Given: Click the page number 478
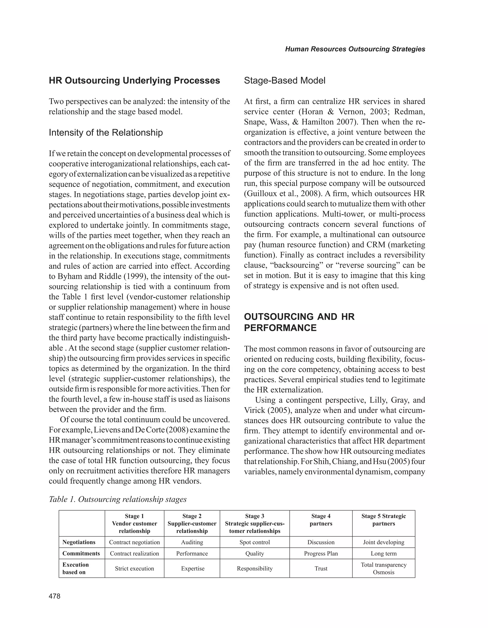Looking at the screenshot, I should (55, 596).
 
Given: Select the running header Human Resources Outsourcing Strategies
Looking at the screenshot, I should (355, 49).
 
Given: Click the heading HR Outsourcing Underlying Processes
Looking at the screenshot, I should (134, 81).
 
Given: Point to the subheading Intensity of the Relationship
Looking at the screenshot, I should (106, 133).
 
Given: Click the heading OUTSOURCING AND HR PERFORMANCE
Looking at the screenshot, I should (299, 322).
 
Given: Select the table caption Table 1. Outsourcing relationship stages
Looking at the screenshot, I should (118, 499).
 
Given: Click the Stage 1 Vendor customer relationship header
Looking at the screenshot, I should (134, 523).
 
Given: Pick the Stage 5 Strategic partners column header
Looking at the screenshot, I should (383, 520).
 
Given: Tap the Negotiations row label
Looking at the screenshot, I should (79, 542).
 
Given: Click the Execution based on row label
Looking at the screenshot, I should (76, 568).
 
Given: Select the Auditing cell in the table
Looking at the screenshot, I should (192, 542).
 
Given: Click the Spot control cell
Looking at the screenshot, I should (254, 542).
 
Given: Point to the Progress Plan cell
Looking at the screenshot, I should (321, 554).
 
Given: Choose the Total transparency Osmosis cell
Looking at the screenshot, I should (383, 568).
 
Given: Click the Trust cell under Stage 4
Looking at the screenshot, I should (321, 568).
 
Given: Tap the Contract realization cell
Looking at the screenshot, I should (134, 554).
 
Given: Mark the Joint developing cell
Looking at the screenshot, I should (383, 542).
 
